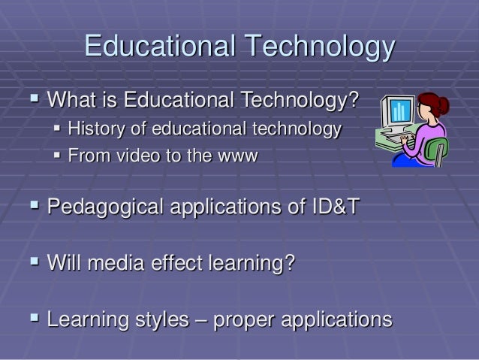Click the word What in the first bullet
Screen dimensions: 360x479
click(x=73, y=100)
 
